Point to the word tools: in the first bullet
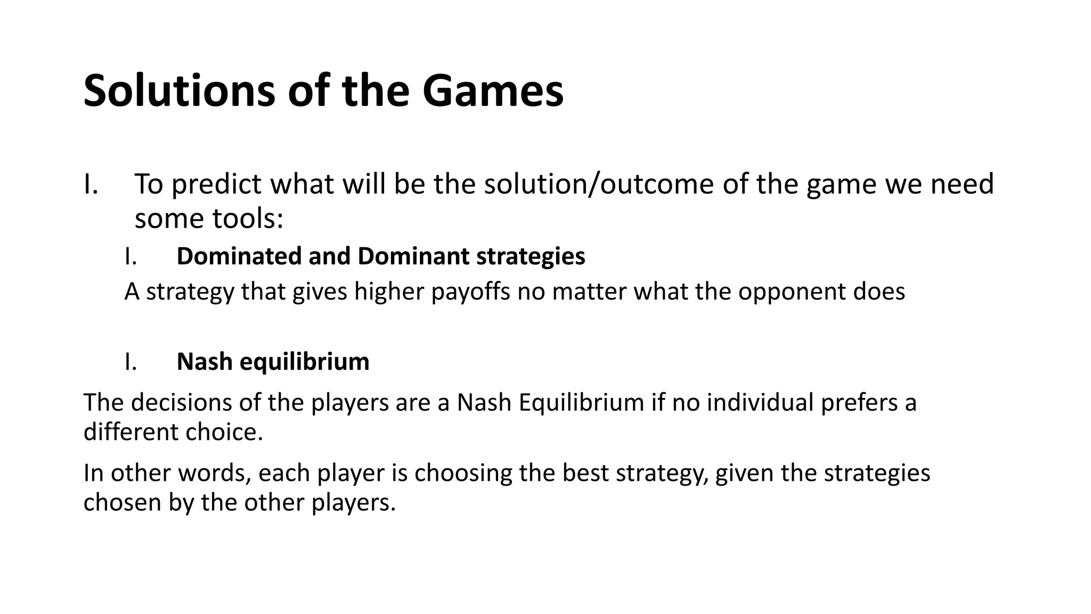pyautogui.click(x=248, y=219)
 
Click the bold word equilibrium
pyautogui.click(x=304, y=362)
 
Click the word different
pyautogui.click(x=131, y=432)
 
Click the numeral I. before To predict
pyautogui.click(x=91, y=185)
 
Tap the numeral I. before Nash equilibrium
pyautogui.click(x=131, y=362)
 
